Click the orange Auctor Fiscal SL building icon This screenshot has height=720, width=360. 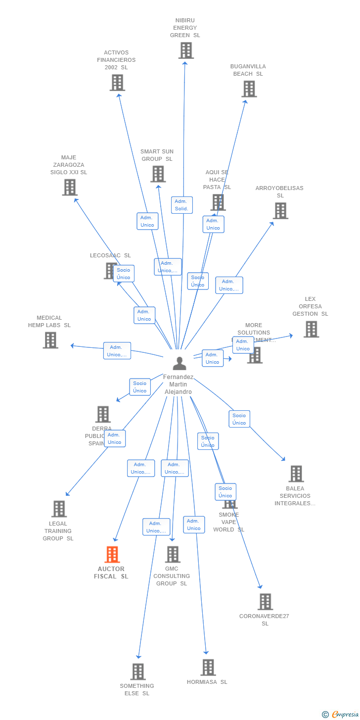click(x=112, y=554)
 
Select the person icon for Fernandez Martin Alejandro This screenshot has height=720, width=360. click(x=179, y=364)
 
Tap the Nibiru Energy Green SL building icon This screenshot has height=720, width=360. click(x=186, y=50)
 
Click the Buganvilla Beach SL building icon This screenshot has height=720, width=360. click(x=249, y=89)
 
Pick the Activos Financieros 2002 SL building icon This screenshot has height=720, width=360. click(x=117, y=83)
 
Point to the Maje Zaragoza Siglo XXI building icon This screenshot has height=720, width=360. click(x=70, y=188)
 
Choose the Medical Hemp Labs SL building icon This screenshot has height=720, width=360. click(x=50, y=340)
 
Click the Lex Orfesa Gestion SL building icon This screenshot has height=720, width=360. click(x=311, y=329)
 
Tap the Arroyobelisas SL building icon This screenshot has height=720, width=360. click(x=280, y=211)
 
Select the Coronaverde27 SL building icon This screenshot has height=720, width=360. click(x=265, y=602)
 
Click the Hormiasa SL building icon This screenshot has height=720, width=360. click(x=208, y=667)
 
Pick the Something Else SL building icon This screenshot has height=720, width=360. click(x=138, y=672)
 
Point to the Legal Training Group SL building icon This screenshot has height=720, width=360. click(x=59, y=509)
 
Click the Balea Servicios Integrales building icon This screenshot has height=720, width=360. click(x=296, y=474)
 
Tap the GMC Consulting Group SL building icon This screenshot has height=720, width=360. click(x=173, y=554)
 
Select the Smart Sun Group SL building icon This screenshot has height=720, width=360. click(x=158, y=174)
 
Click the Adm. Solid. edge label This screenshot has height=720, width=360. click(x=181, y=205)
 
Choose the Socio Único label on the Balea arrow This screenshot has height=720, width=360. click(x=239, y=419)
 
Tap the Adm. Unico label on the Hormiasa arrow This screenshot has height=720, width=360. click(x=194, y=525)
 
